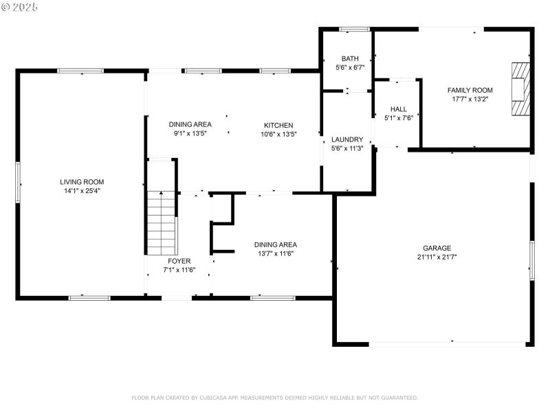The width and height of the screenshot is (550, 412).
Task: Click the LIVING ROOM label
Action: [81, 182]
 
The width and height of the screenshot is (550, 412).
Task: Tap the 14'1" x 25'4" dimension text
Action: [81, 191]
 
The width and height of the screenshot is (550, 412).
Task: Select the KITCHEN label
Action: [278, 126]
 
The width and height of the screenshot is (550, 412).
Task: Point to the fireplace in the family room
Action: [520, 89]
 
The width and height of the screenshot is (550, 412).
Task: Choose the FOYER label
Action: [179, 261]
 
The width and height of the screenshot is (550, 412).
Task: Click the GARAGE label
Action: [437, 248]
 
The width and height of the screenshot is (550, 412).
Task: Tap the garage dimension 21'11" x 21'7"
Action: [437, 257]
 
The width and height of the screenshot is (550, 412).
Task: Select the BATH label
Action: [350, 58]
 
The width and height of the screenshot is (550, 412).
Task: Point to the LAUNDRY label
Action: [346, 139]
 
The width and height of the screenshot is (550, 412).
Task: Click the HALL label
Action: [398, 109]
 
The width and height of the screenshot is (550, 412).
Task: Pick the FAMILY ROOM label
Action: [470, 90]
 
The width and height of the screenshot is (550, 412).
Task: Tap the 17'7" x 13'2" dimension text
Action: [470, 99]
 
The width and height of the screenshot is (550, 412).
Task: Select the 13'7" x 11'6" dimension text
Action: [275, 253]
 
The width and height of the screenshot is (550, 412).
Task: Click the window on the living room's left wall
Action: [18, 183]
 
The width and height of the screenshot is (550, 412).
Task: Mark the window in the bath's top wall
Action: [355, 30]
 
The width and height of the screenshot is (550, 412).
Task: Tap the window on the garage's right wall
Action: [531, 260]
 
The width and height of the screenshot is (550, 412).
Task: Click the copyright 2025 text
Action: [20, 6]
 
